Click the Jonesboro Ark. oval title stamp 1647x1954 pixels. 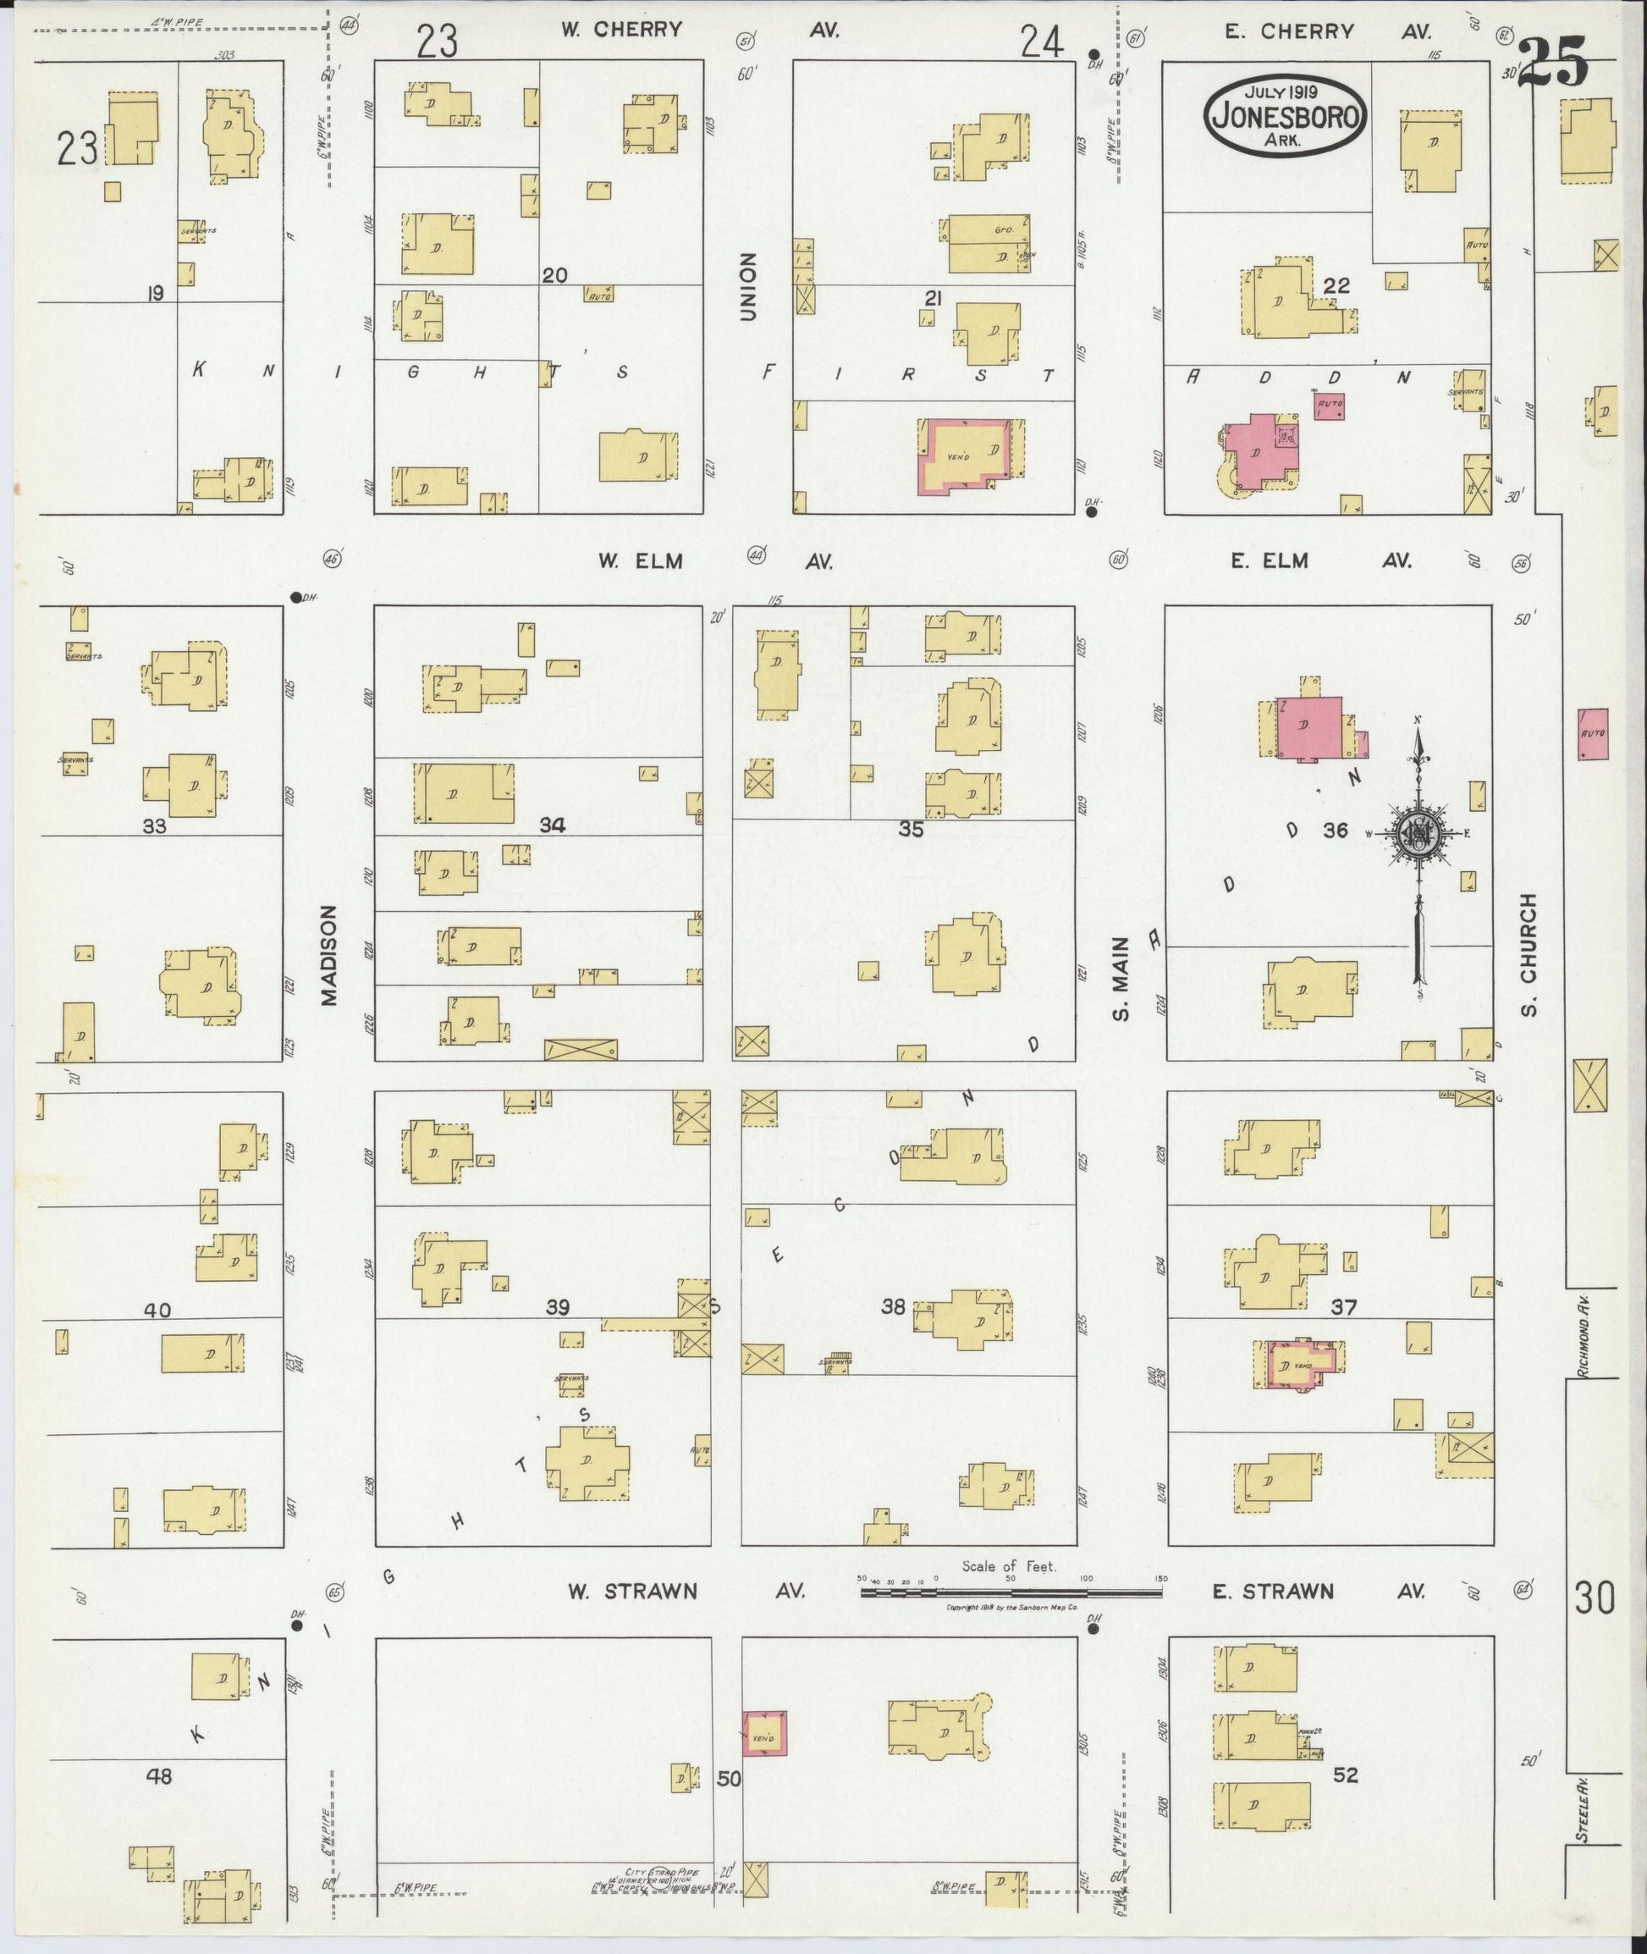(1286, 117)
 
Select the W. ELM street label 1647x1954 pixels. (641, 561)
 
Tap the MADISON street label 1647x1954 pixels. (328, 953)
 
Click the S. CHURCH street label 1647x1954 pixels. (1528, 953)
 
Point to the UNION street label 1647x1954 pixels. (747, 287)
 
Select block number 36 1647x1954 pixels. (1336, 829)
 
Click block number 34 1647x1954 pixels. (552, 825)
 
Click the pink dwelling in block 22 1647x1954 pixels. (1259, 453)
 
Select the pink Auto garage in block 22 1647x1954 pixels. (1330, 406)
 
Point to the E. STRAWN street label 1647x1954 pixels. (1274, 1592)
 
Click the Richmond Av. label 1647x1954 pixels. (1581, 1333)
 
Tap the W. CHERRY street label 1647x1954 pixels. (621, 30)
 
